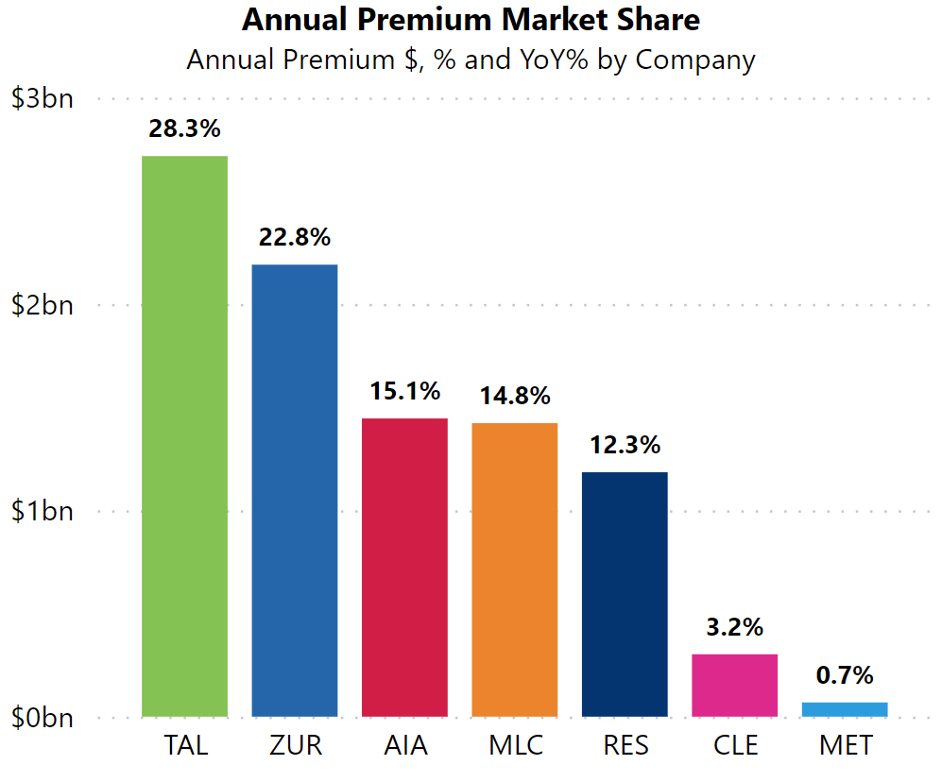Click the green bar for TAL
click(184, 435)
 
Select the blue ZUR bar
click(294, 490)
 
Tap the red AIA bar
click(404, 567)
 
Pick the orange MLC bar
click(514, 569)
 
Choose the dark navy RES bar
click(625, 594)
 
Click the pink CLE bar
click(734, 685)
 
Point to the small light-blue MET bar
click(844, 709)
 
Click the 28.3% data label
click(184, 128)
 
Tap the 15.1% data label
click(404, 390)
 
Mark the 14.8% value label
click(514, 396)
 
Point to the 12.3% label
click(625, 445)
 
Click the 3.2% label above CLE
click(734, 627)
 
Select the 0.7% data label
click(844, 675)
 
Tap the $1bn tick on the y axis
click(42, 511)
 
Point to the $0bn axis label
click(42, 718)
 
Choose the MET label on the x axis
click(845, 745)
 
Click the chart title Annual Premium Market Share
click(471, 20)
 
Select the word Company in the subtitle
click(694, 59)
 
